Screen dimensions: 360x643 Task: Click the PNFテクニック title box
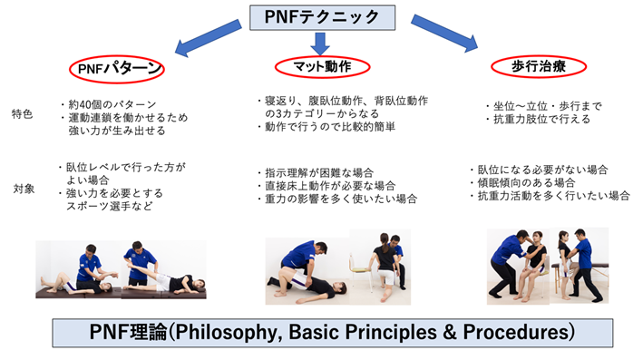pyautogui.click(x=321, y=15)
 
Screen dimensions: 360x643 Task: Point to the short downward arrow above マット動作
pyautogui.click(x=321, y=40)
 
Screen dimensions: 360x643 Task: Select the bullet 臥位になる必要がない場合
pyautogui.click(x=543, y=169)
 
